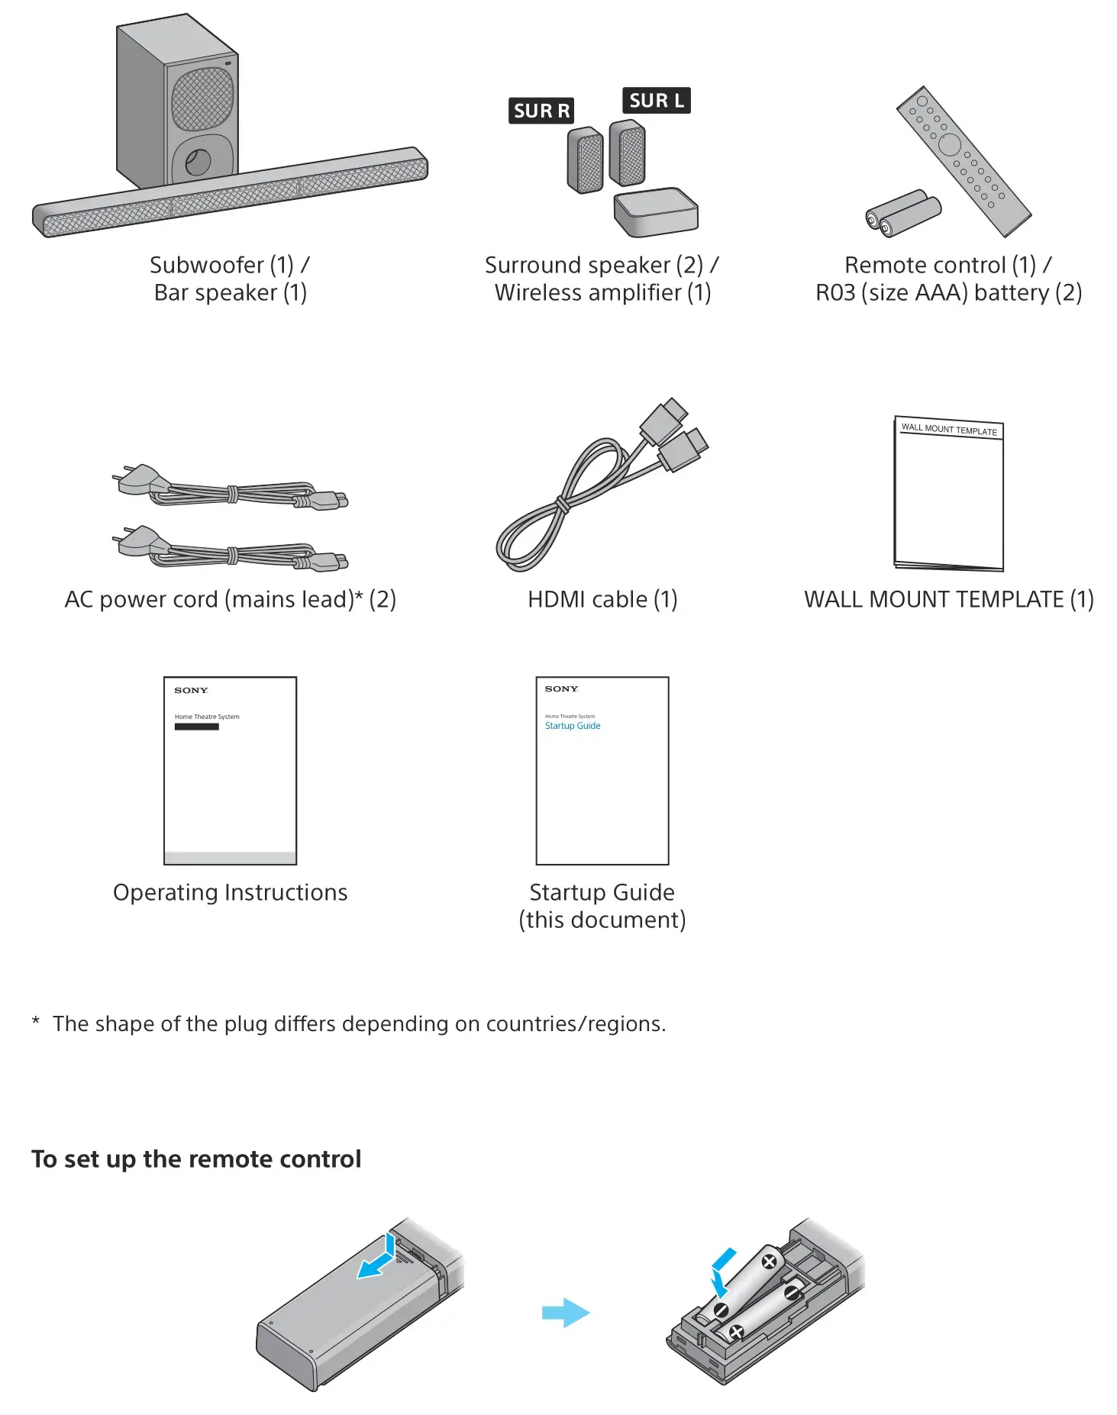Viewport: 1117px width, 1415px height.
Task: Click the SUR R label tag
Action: [x=541, y=111]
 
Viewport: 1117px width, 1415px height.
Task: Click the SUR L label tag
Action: [x=656, y=101]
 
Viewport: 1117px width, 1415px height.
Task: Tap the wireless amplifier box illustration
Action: [x=656, y=212]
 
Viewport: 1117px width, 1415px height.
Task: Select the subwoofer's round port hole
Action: [x=198, y=162]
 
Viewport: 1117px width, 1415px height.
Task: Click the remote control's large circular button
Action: [x=949, y=144]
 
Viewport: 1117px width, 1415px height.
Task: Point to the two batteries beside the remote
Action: [x=903, y=213]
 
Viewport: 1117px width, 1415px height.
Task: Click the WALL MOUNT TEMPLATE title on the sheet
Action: [x=949, y=430]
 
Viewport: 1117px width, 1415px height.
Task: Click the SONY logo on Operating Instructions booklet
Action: [x=191, y=691]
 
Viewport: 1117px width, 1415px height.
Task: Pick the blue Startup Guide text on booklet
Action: [x=573, y=726]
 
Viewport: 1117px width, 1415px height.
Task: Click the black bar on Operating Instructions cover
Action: [x=196, y=727]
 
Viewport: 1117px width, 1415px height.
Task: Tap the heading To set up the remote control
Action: [x=196, y=1159]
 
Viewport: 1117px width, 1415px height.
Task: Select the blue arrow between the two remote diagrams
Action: [x=566, y=1313]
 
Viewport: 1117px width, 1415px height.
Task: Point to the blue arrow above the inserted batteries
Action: [x=722, y=1271]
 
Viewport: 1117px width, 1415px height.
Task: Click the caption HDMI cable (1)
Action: [x=602, y=599]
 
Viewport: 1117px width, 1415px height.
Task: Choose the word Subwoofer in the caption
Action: [x=207, y=265]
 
